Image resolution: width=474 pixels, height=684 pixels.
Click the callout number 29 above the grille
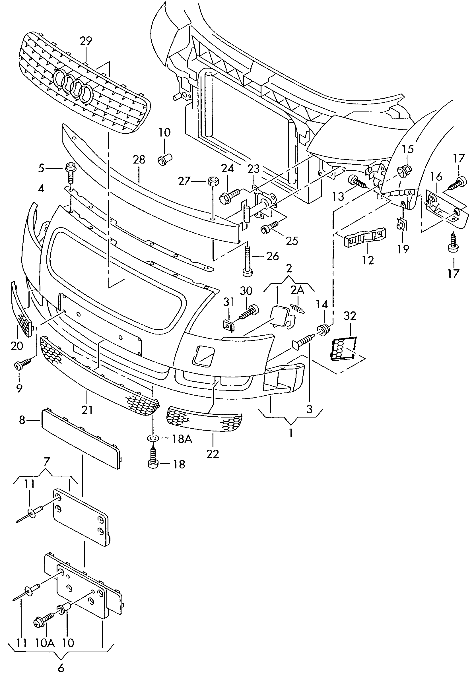[x=86, y=41]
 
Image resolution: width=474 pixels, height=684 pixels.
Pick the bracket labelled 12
[x=365, y=237]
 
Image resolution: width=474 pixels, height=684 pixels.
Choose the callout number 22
[x=213, y=454]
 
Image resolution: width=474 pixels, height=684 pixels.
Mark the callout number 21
[x=87, y=410]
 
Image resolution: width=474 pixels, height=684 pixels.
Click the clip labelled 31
[x=229, y=325]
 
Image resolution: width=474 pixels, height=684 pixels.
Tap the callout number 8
[x=22, y=420]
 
